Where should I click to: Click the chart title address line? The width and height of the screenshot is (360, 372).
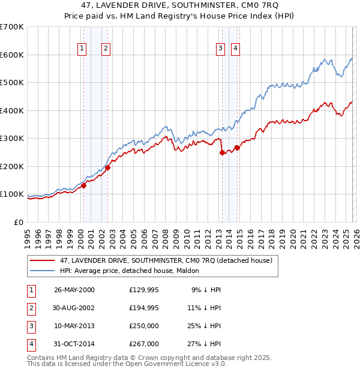pyautogui.click(x=179, y=5)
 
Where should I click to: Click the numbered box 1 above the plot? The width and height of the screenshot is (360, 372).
pyautogui.click(x=82, y=49)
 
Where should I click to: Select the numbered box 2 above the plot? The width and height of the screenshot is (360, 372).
pyautogui.click(x=106, y=49)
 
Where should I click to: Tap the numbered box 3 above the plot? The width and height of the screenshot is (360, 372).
pyautogui.click(x=221, y=49)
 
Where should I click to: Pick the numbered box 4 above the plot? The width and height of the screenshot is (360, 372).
pyautogui.click(x=236, y=49)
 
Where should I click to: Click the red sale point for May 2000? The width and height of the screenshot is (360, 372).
pyautogui.click(x=84, y=185)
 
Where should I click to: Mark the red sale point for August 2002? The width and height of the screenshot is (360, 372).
pyautogui.click(x=108, y=167)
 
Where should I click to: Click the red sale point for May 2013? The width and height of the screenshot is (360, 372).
pyautogui.click(x=222, y=152)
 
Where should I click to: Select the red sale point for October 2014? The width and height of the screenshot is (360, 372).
pyautogui.click(x=237, y=148)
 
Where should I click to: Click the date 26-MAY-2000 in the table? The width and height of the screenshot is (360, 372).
pyautogui.click(x=74, y=290)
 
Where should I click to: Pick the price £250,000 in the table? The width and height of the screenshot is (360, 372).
pyautogui.click(x=144, y=327)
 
